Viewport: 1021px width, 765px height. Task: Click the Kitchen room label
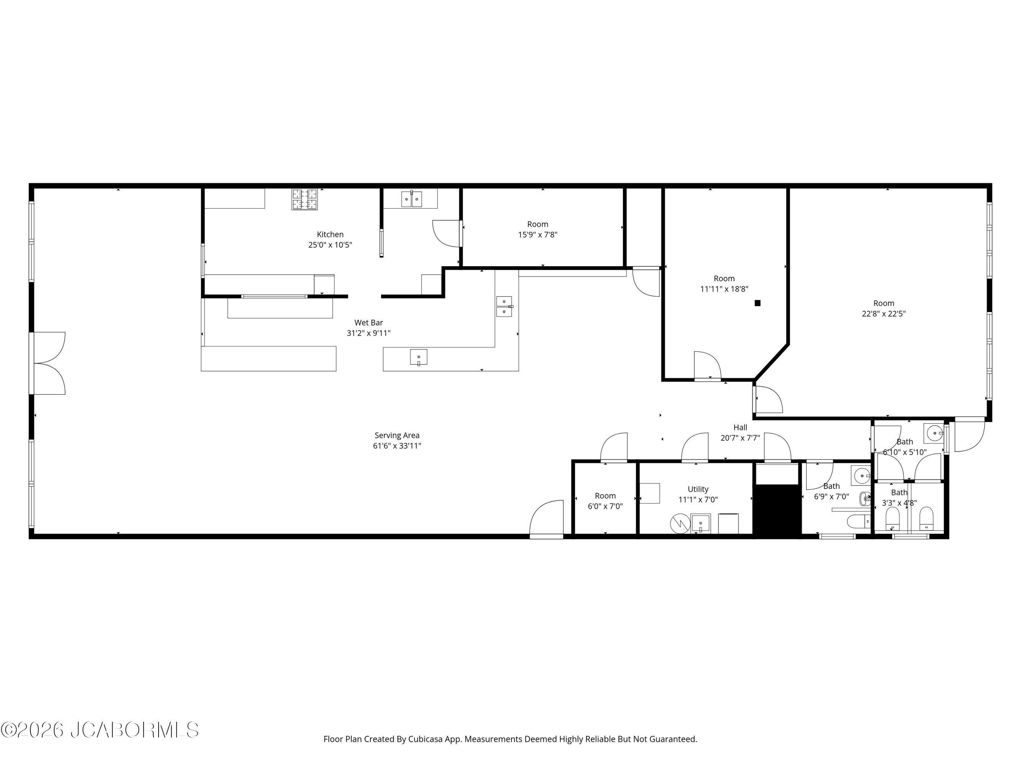(x=330, y=234)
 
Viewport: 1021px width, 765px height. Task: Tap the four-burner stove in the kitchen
(x=304, y=199)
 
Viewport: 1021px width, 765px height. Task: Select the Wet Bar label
(x=368, y=323)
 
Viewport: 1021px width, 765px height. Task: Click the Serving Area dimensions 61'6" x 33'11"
(x=397, y=446)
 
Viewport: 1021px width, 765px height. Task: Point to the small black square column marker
(x=758, y=303)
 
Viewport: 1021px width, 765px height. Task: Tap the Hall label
(x=740, y=428)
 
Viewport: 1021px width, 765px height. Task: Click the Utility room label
(x=698, y=489)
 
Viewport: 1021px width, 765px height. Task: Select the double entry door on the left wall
(x=48, y=363)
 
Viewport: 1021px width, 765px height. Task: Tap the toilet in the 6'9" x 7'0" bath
(x=859, y=521)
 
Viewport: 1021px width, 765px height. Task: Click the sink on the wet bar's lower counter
(x=419, y=357)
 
